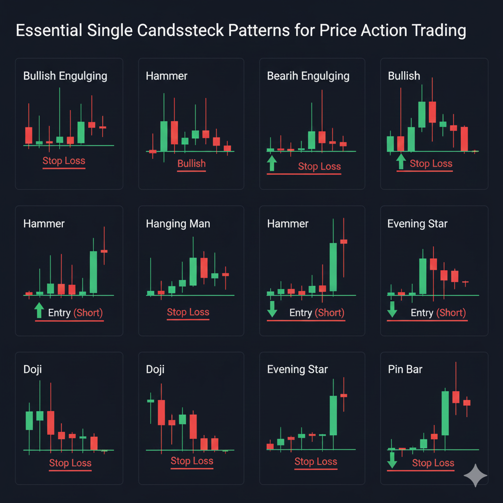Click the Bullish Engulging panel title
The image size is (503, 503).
coord(65,76)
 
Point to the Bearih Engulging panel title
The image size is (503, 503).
coord(308,76)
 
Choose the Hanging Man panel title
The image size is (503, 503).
coord(178,224)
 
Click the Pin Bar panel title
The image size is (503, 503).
coord(405,369)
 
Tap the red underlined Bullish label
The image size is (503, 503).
coord(191,164)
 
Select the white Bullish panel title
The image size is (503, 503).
coord(404,76)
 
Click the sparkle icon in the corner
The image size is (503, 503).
coord(475,475)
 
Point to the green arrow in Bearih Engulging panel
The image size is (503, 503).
coord(272,163)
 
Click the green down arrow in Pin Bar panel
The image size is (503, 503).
coord(392,460)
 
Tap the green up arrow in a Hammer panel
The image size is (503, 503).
coord(39,310)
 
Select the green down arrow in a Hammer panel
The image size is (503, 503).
coord(272,309)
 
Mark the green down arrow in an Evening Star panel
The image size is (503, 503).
coord(392,309)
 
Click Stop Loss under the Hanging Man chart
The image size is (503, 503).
coord(188,312)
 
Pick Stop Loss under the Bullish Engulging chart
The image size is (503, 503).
coord(64,161)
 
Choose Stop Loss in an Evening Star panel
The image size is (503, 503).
coord(315,462)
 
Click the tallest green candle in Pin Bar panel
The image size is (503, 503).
coord(446,413)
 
